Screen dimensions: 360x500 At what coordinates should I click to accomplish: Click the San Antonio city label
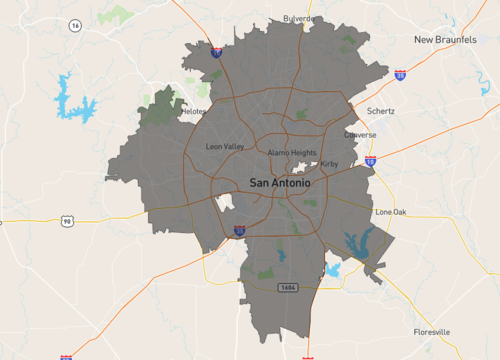[x=279, y=183]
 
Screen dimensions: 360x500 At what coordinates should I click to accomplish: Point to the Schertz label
[x=381, y=111]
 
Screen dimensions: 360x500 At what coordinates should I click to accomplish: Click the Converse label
[x=360, y=134]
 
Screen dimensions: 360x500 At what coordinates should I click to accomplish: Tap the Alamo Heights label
[x=291, y=152]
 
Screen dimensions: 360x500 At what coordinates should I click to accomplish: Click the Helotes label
[x=194, y=112]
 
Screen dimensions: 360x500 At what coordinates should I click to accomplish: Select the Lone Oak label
[x=390, y=212]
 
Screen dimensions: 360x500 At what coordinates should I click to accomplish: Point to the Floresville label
[x=432, y=331]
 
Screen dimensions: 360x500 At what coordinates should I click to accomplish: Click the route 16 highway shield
[x=75, y=25]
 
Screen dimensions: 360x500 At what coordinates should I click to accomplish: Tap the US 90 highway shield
[x=66, y=220]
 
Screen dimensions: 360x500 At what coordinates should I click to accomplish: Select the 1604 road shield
[x=288, y=287]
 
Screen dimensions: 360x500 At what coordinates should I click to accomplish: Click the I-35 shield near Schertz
[x=400, y=74]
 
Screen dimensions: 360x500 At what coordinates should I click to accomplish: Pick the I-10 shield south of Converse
[x=370, y=159]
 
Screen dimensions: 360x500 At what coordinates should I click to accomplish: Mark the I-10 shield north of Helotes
[x=217, y=51]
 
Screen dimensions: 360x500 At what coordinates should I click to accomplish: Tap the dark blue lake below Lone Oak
[x=355, y=242]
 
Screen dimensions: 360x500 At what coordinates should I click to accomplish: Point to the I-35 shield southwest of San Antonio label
[x=239, y=230]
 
